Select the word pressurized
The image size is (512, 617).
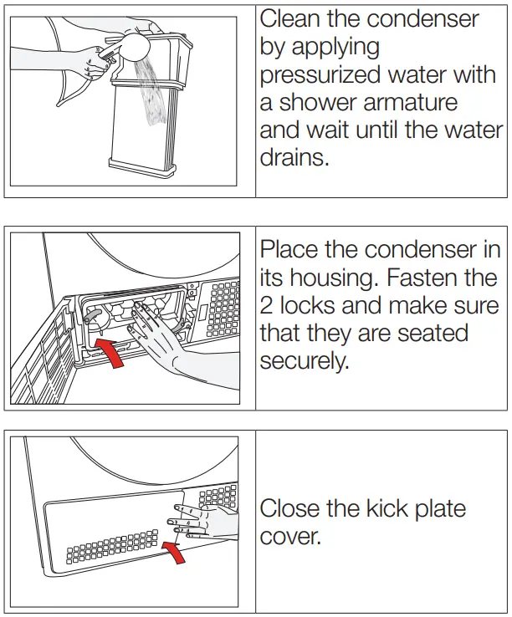click(x=328, y=76)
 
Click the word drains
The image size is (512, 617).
click(x=294, y=157)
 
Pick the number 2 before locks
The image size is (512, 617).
click(x=267, y=306)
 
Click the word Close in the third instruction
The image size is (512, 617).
click(x=293, y=508)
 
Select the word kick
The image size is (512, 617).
click(x=381, y=508)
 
